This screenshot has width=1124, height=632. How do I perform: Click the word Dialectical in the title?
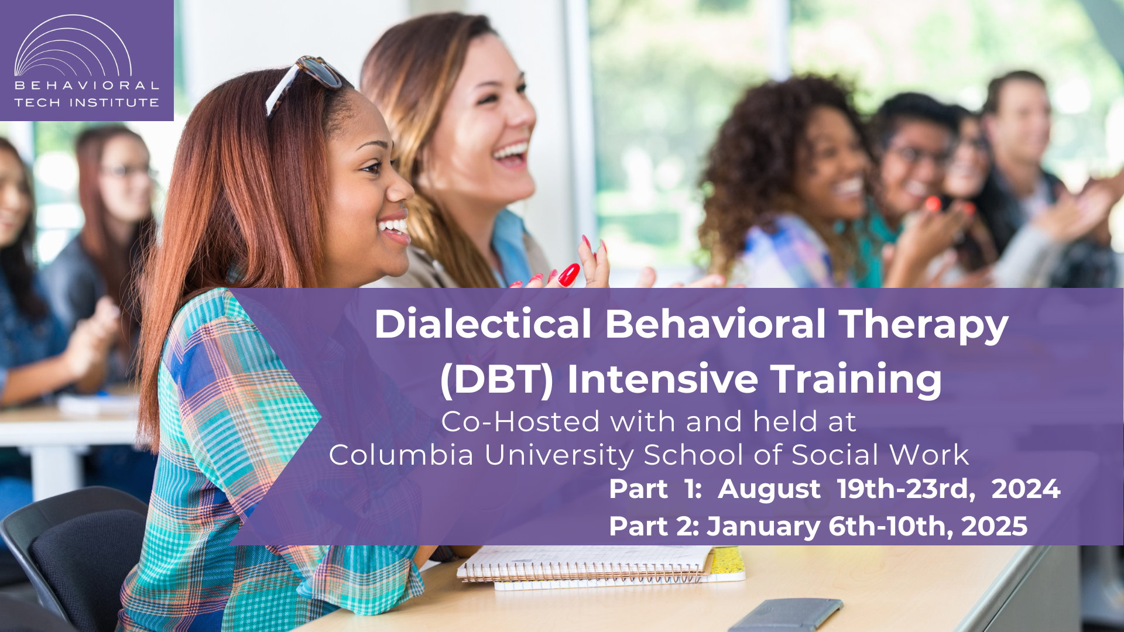[483, 324]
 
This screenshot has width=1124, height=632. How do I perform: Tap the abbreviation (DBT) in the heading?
[496, 379]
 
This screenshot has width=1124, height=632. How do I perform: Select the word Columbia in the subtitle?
[401, 455]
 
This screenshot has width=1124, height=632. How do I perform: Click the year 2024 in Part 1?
[1026, 489]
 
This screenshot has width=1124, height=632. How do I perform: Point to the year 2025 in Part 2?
[994, 526]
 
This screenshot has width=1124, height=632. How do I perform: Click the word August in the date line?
[769, 490]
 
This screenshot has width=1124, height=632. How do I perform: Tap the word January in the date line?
[764, 527]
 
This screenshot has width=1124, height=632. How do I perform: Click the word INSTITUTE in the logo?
[114, 102]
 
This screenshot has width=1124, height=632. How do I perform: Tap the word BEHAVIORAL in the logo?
[87, 85]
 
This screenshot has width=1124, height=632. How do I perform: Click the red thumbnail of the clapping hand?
[568, 275]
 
